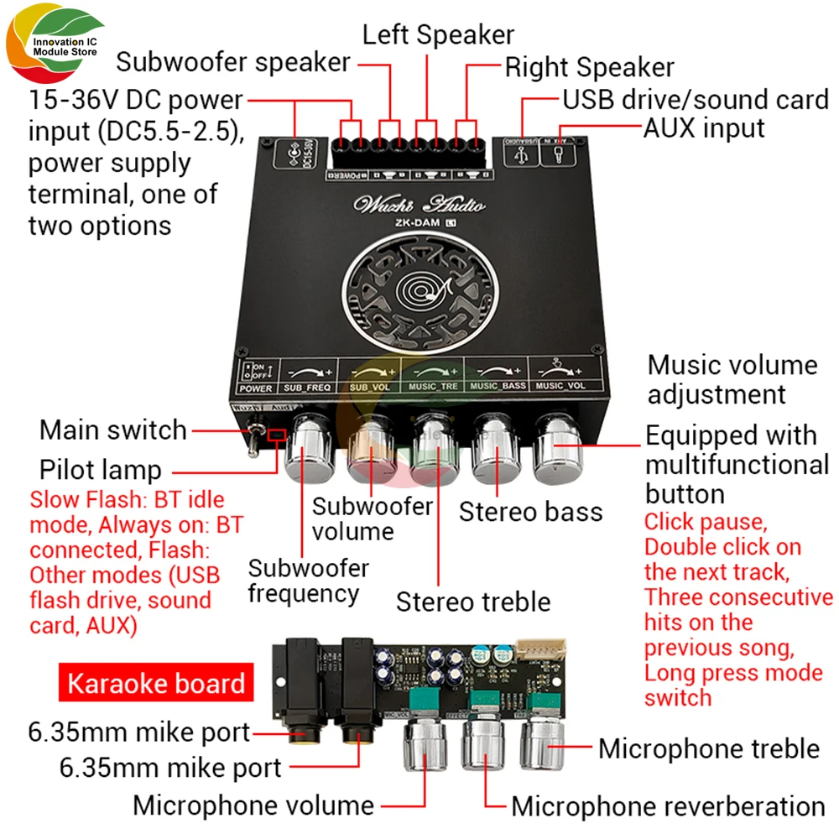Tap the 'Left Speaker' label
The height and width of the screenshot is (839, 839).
(438, 34)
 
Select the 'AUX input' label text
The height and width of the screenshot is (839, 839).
(704, 128)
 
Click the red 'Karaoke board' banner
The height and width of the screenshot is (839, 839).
(155, 683)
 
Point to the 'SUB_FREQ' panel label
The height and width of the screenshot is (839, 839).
(307, 388)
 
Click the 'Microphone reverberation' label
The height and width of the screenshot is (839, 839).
(668, 807)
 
